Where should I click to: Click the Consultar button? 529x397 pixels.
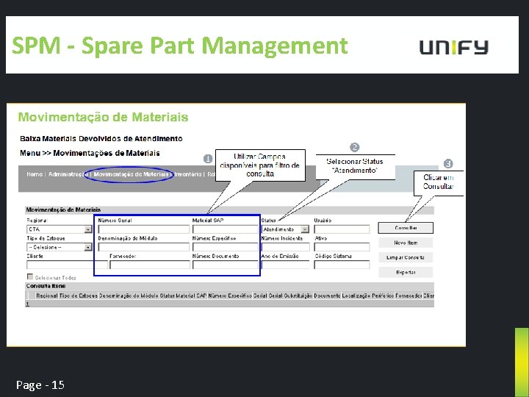[406, 228]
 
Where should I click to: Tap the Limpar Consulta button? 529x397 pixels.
[406, 257]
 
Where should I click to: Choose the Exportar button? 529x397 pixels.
[406, 272]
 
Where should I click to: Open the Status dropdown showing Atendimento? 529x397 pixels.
[285, 229]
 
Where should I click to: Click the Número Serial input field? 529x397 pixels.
[143, 229]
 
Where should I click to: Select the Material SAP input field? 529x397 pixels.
[225, 229]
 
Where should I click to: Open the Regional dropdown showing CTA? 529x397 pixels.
[60, 229]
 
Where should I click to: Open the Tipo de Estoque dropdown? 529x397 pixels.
[60, 247]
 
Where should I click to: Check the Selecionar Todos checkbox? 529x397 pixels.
[30, 277]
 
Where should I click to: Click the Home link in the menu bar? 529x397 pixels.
[35, 175]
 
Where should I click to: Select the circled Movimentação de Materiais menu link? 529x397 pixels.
[132, 175]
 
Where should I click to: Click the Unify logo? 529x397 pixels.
[453, 47]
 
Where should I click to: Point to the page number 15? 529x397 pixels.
[41, 385]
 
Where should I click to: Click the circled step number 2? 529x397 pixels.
[354, 148]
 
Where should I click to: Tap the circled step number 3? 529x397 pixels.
[448, 163]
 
